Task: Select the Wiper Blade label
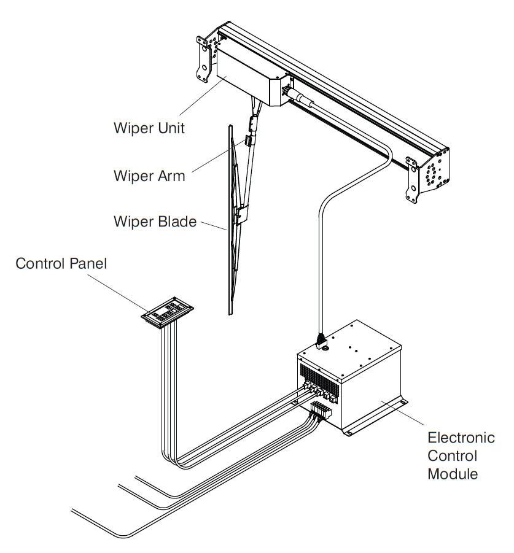coord(154,220)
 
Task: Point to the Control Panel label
coord(62,265)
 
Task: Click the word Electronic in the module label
coord(461,439)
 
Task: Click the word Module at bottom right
coord(452,474)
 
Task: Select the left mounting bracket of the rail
coord(205,58)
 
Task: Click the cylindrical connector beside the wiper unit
coord(300,96)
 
